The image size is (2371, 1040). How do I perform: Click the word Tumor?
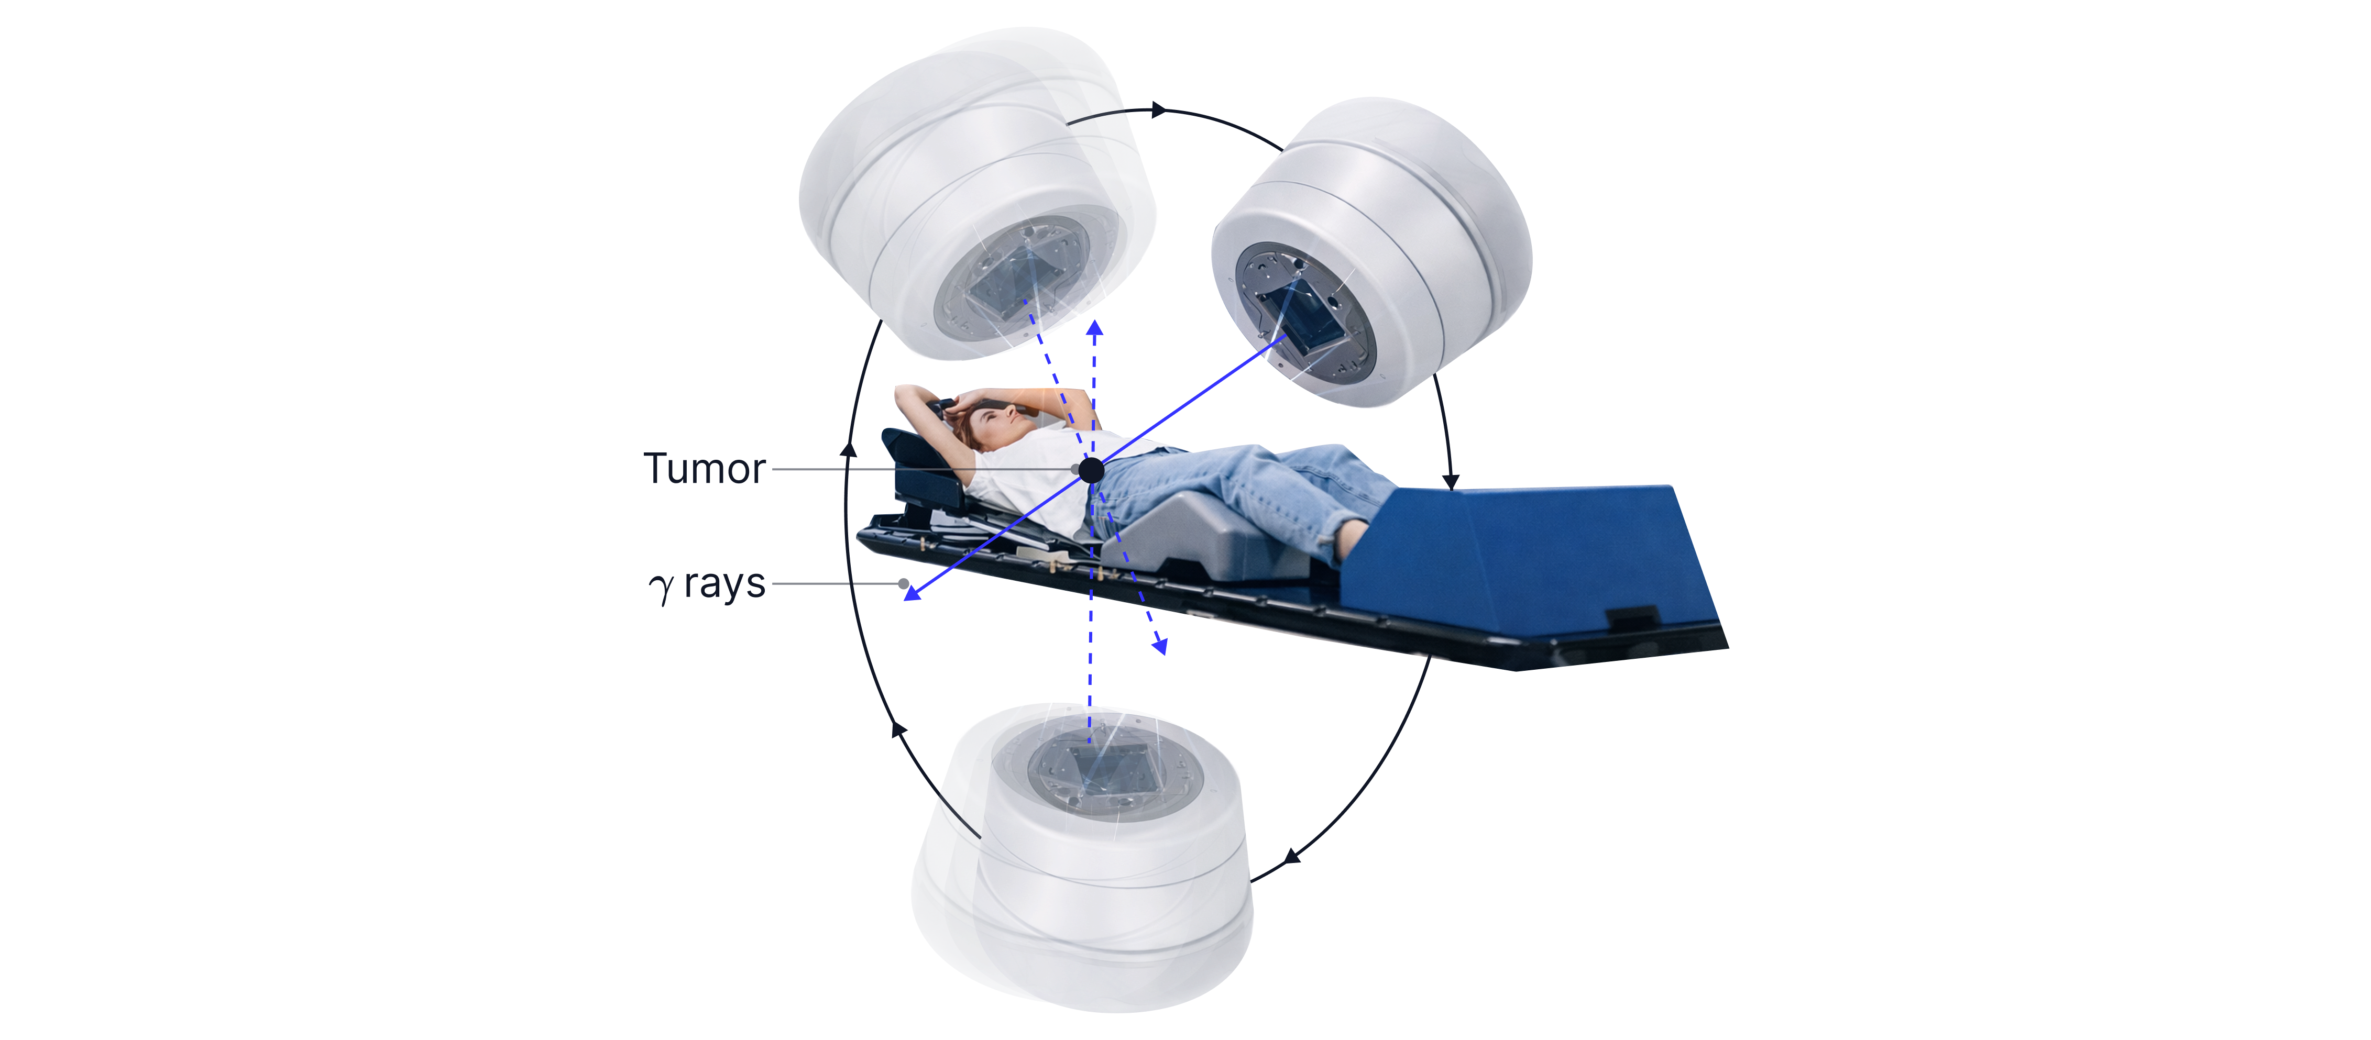tap(704, 469)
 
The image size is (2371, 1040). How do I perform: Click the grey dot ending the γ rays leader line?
tap(904, 583)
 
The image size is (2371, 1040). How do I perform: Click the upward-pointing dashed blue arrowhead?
tap(1094, 328)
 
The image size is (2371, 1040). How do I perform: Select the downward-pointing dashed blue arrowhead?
tap(1161, 645)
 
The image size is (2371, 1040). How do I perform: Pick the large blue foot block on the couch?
tap(1532, 561)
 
